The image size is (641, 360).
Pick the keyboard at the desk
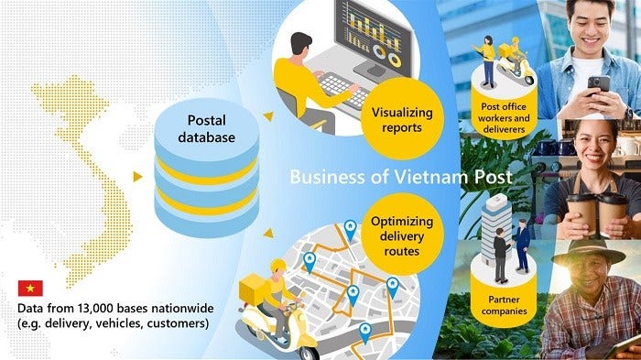(348, 87)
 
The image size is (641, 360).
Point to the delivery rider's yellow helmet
(277, 267)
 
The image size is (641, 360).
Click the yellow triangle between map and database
(137, 175)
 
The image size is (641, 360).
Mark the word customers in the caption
(179, 324)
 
